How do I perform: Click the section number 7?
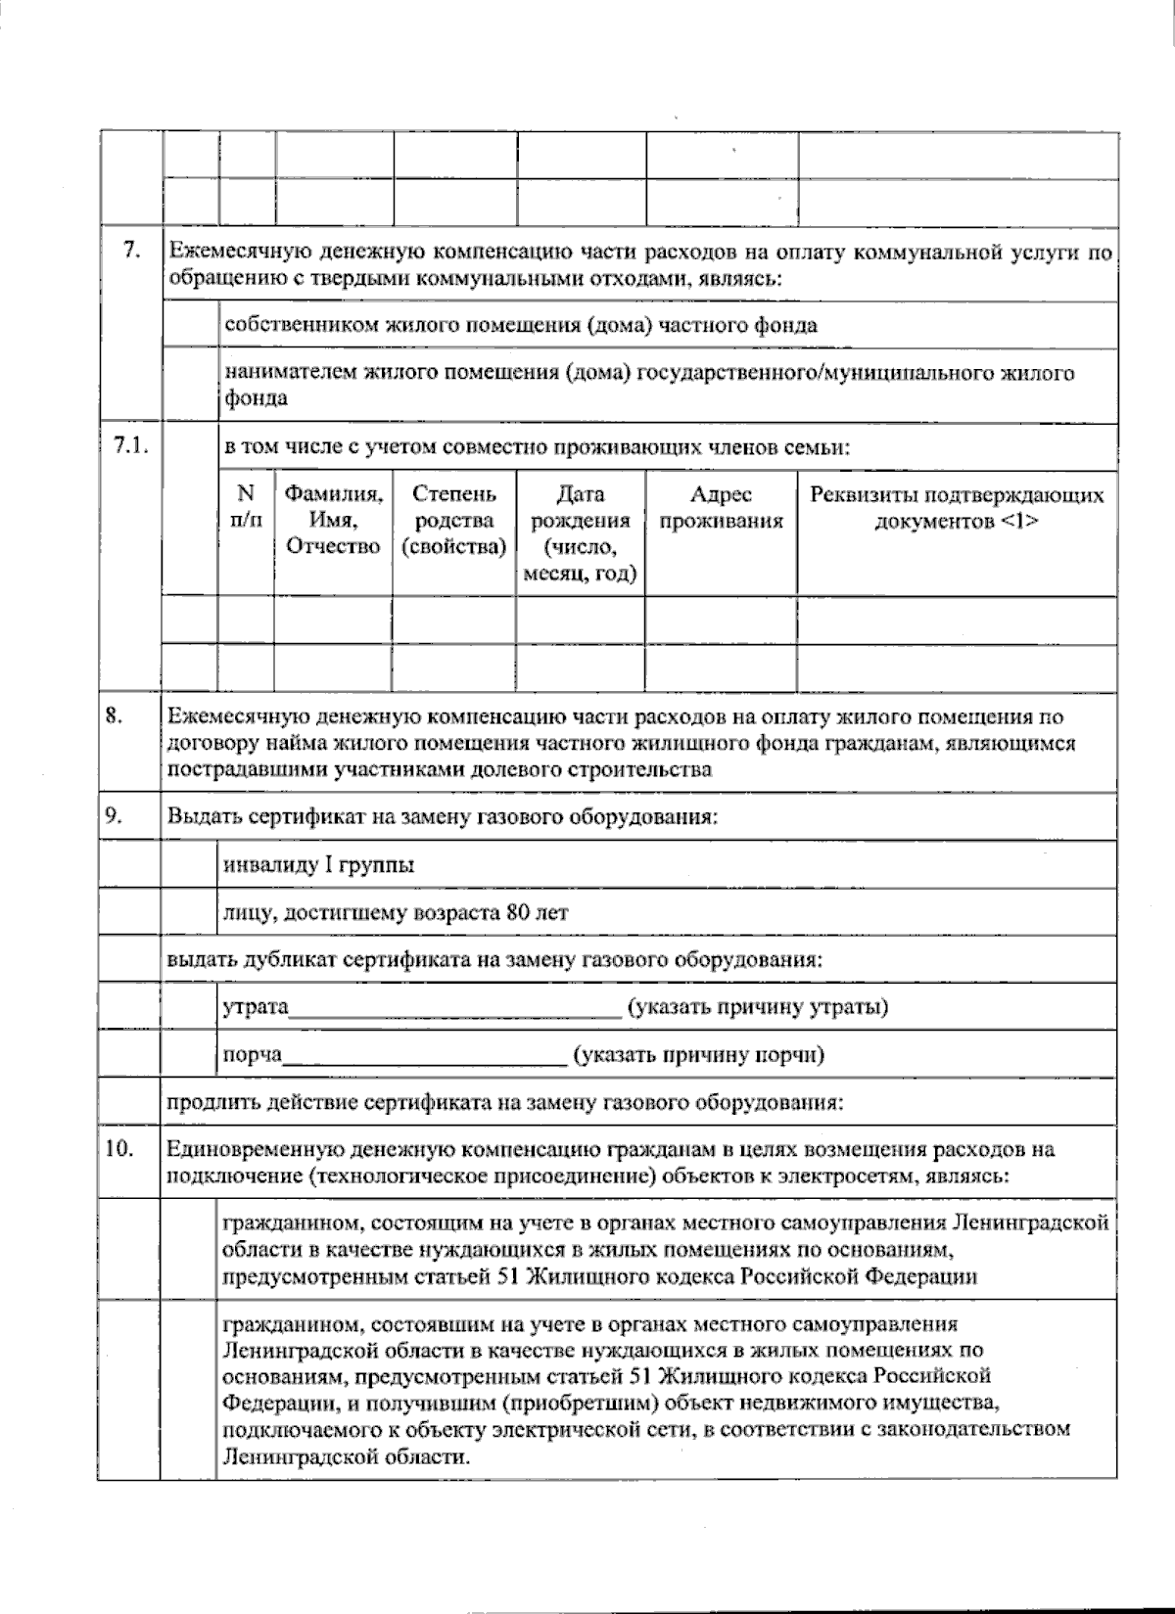point(130,251)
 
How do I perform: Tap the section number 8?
point(113,716)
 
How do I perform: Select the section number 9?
point(113,814)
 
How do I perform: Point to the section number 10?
point(118,1149)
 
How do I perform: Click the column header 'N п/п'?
point(246,507)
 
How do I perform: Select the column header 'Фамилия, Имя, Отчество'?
point(333,521)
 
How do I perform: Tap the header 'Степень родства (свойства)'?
point(454,521)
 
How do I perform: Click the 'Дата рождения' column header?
point(581,534)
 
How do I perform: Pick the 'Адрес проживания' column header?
point(722,507)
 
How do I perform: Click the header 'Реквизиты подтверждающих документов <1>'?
point(957,507)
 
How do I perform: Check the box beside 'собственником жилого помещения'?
point(190,325)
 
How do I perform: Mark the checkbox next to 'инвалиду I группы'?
point(190,864)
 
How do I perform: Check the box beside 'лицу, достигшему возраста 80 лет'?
point(190,912)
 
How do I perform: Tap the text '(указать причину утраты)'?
point(759,1006)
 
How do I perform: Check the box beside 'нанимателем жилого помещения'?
point(190,386)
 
